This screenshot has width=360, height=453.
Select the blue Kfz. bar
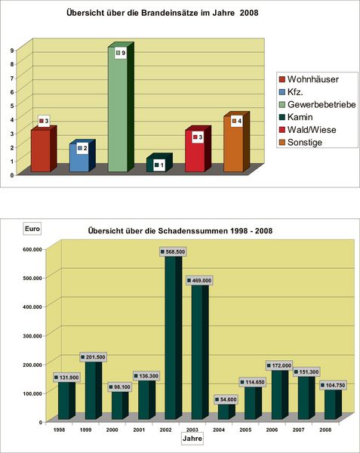click(x=82, y=156)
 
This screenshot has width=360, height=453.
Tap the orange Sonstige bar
click(x=236, y=142)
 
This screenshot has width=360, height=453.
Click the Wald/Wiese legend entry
click(x=308, y=130)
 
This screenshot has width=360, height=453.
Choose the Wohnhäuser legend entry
click(x=309, y=79)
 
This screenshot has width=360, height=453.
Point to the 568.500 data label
click(x=173, y=252)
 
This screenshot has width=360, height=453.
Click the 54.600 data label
click(x=226, y=399)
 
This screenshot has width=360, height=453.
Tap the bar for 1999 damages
click(x=94, y=389)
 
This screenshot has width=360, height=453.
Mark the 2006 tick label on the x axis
click(x=272, y=430)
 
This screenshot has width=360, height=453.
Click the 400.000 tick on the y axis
click(x=32, y=307)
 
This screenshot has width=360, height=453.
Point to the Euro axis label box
click(x=32, y=229)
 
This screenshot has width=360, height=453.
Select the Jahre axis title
click(x=192, y=439)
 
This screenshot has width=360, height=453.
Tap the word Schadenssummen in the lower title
click(x=193, y=231)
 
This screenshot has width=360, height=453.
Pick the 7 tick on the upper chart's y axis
click(x=12, y=79)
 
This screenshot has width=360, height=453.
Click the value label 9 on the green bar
click(x=121, y=53)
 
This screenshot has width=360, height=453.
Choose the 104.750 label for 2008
click(x=333, y=385)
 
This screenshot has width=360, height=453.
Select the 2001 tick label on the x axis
click(x=139, y=430)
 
